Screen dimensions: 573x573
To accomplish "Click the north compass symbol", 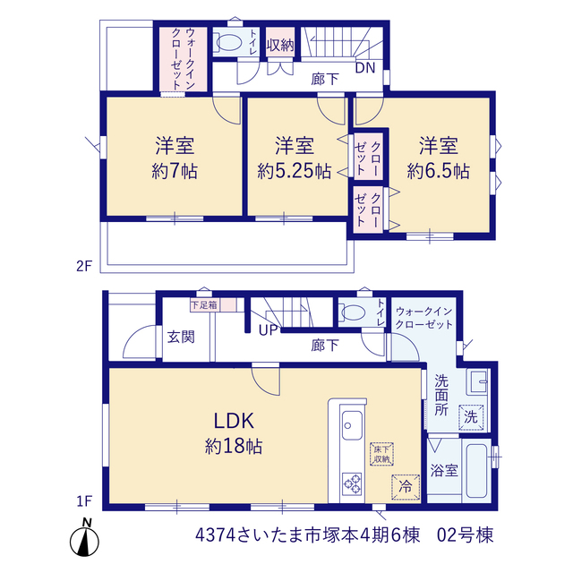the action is [84, 538].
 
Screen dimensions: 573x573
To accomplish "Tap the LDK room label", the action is [234, 421].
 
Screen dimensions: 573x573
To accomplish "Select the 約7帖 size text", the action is [175, 171].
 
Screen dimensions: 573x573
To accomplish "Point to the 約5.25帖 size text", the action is [295, 171].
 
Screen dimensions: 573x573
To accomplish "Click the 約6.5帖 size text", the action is [438, 171].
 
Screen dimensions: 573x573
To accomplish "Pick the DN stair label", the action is [365, 68].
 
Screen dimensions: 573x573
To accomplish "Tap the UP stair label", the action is [269, 330].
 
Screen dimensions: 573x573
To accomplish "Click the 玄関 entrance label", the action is [181, 337].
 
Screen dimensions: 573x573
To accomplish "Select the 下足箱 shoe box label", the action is [204, 304].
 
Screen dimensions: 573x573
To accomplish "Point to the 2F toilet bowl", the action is [229, 42].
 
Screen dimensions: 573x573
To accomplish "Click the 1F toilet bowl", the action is [353, 312].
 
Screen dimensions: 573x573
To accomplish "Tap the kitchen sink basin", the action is [352, 425].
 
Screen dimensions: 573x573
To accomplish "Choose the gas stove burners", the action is [352, 483].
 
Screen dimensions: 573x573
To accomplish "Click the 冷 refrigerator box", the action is [406, 487].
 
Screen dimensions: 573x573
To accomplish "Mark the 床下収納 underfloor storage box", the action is [381, 454].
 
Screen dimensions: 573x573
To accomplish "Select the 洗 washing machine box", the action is [471, 417].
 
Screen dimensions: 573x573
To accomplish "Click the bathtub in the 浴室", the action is [476, 471].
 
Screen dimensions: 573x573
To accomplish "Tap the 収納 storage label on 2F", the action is [280, 45].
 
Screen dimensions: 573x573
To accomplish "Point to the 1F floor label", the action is [84, 501].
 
